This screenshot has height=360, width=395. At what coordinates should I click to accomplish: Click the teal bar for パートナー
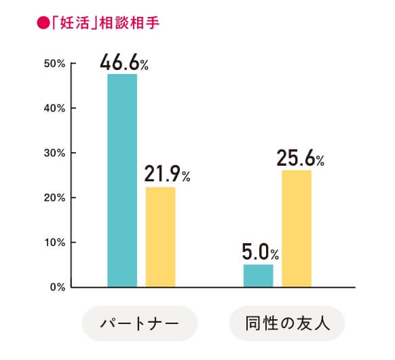click(x=122, y=180)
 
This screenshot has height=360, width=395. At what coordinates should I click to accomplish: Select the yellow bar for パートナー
click(x=161, y=236)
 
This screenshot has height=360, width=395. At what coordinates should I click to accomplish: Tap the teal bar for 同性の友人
click(x=258, y=275)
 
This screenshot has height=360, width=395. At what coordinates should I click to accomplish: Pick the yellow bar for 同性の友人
click(x=297, y=228)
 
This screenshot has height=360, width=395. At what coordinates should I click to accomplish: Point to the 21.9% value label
click(x=167, y=175)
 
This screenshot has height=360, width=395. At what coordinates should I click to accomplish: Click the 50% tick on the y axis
click(x=54, y=64)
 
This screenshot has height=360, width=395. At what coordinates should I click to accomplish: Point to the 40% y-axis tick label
click(x=54, y=108)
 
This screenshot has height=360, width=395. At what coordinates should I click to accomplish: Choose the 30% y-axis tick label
click(x=54, y=153)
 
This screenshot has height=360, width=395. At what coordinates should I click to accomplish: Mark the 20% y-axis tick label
click(x=54, y=198)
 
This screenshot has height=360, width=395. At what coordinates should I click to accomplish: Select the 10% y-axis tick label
click(x=54, y=242)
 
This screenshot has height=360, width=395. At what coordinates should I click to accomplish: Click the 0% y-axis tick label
click(x=56, y=287)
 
